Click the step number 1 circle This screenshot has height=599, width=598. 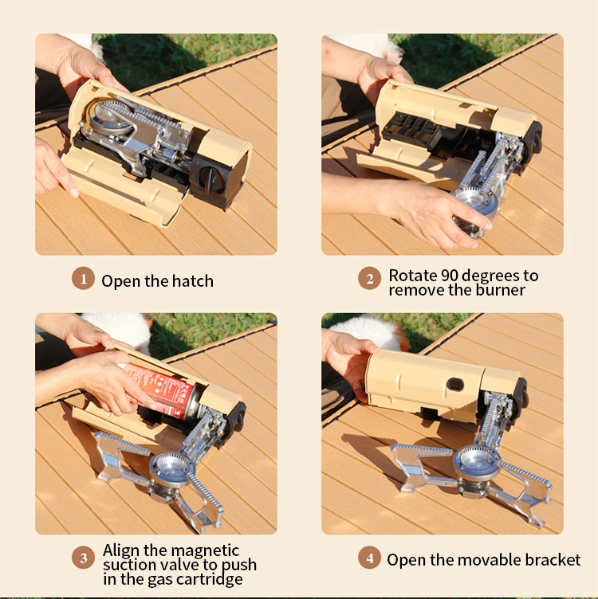tap(83, 279)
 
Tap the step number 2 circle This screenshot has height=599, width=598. tap(369, 279)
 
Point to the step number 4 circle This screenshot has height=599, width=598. tap(369, 558)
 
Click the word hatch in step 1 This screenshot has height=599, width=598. tap(194, 280)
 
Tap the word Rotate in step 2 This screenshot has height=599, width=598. tap(412, 276)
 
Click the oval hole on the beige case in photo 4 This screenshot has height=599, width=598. tap(454, 385)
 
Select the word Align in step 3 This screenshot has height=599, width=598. tap(123, 550)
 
